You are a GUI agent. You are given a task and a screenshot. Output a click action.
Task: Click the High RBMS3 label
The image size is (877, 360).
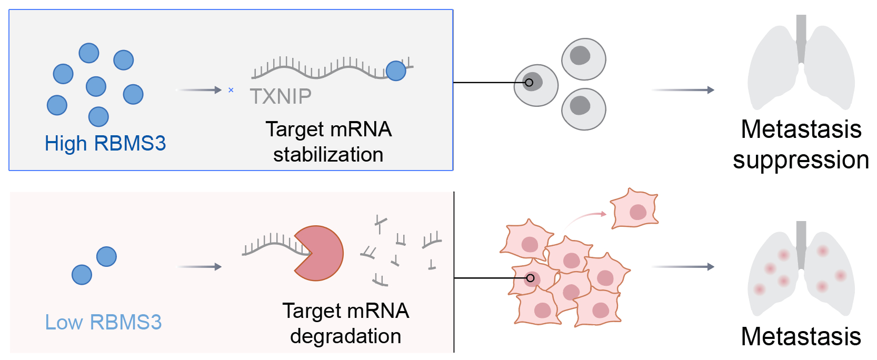point(105,143)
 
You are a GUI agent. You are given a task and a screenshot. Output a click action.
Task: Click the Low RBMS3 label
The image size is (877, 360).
point(103,322)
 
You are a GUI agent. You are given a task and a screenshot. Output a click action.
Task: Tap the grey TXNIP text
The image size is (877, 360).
point(281,97)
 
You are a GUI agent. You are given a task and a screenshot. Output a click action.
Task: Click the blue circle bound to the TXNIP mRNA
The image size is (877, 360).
point(396,71)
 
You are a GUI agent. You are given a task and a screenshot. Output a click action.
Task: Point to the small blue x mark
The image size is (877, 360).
point(231,90)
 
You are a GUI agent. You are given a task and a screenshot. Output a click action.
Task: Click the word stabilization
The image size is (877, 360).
point(328,155)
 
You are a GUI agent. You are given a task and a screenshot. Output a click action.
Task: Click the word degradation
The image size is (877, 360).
point(345,336)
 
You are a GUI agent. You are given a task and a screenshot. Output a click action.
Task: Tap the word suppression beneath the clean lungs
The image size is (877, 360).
point(800,160)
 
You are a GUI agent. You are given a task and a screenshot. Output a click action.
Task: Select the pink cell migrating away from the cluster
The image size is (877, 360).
point(635,209)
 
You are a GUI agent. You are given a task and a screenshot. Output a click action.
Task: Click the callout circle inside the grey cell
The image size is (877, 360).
point(529,83)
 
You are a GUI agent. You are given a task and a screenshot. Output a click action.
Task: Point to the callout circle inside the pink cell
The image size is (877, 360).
point(530,278)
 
